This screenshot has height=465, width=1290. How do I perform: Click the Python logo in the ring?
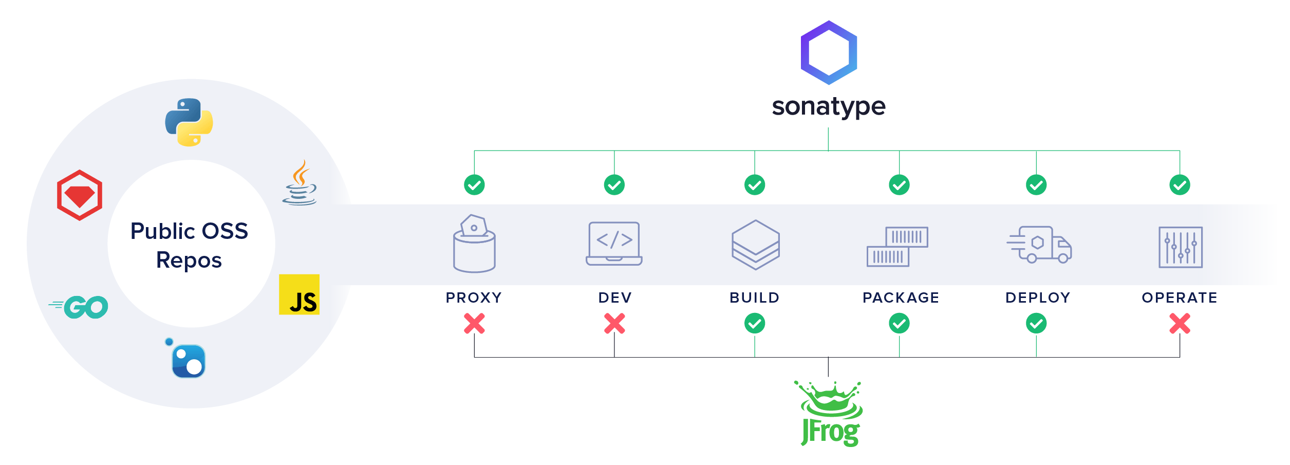coord(189,122)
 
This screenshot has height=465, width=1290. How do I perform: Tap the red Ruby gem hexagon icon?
coord(80,195)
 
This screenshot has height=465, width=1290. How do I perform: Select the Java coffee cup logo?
coord(300,183)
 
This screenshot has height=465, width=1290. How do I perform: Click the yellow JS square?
coord(299,294)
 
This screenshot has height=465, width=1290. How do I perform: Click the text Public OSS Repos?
coord(189,246)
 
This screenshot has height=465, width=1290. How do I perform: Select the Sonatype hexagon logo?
coord(829,52)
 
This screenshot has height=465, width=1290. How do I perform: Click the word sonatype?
coord(828,107)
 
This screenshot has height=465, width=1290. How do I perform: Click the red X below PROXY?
coord(474,324)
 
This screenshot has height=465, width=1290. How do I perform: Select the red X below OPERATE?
coord(1180,324)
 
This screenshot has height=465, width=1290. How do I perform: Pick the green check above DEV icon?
coord(614,185)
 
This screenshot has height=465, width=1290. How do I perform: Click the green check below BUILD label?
coord(755,324)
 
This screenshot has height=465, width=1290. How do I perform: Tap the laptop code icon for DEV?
coord(614,244)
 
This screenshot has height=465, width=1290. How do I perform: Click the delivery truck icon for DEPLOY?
coord(1039,245)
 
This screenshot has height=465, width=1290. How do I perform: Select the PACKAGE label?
coord(901,297)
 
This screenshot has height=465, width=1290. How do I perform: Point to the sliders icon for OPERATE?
coord(1181,247)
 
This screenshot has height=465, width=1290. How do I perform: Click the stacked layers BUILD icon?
coord(756,245)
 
